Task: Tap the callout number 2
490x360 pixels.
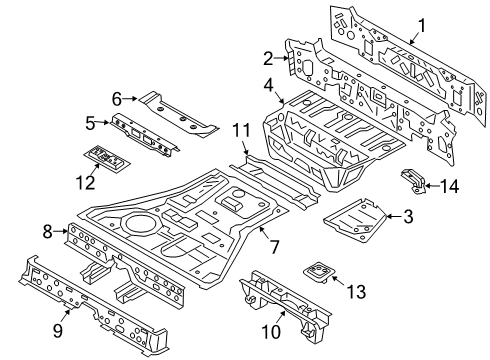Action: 268,57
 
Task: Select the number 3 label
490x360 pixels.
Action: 408,215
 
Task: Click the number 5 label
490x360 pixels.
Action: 90,124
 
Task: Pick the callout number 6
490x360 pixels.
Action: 117,98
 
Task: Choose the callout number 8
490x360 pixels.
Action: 48,232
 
